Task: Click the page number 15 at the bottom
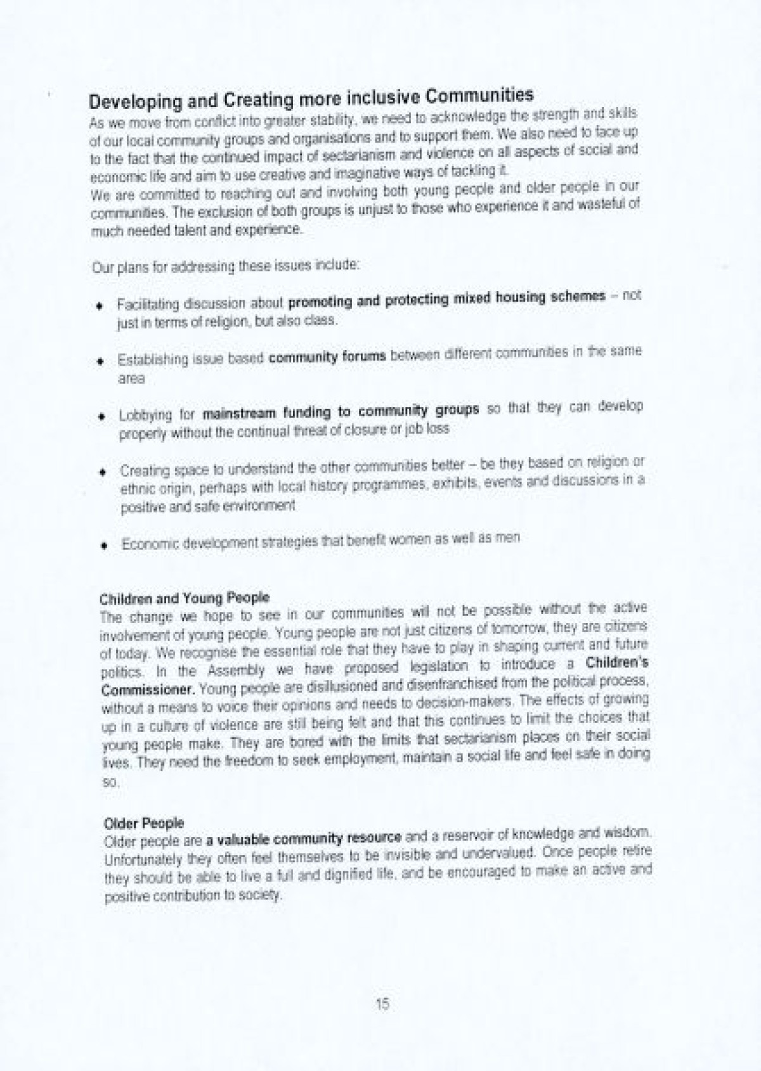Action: (x=382, y=1004)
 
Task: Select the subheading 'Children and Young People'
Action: (x=185, y=598)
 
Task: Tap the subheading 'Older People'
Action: (x=144, y=823)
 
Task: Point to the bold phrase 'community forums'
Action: (x=327, y=357)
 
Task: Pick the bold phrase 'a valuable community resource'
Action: (x=304, y=839)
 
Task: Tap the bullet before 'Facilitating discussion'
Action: (x=100, y=306)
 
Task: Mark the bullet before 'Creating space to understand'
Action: (x=101, y=472)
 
